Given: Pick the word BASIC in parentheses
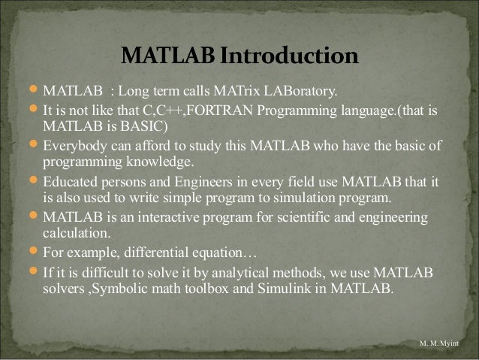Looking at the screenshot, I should (x=145, y=125).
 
